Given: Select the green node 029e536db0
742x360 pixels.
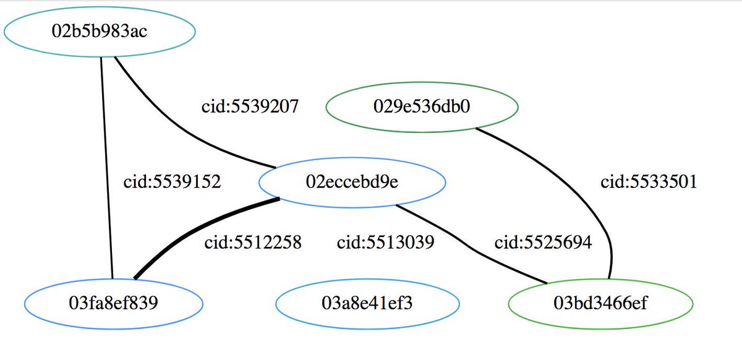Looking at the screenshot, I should [422, 106].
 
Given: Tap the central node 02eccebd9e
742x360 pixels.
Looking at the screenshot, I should [352, 182].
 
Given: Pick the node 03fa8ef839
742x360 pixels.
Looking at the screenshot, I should [114, 304].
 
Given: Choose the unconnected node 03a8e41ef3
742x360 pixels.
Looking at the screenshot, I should [367, 304].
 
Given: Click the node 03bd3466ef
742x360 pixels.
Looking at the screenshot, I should [600, 304].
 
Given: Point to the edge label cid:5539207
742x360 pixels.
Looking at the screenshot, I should [250, 106].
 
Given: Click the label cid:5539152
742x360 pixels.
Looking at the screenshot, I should [172, 182].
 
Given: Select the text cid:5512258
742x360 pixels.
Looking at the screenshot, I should [252, 242].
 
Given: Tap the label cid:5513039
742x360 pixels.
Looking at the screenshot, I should [385, 242].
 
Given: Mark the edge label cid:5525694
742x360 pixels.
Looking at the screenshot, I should [543, 242].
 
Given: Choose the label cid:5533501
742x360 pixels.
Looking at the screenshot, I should [649, 182].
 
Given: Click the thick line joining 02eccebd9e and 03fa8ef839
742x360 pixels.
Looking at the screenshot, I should [198, 232].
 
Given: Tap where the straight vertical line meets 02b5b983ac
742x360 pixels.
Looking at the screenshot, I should [101, 56].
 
